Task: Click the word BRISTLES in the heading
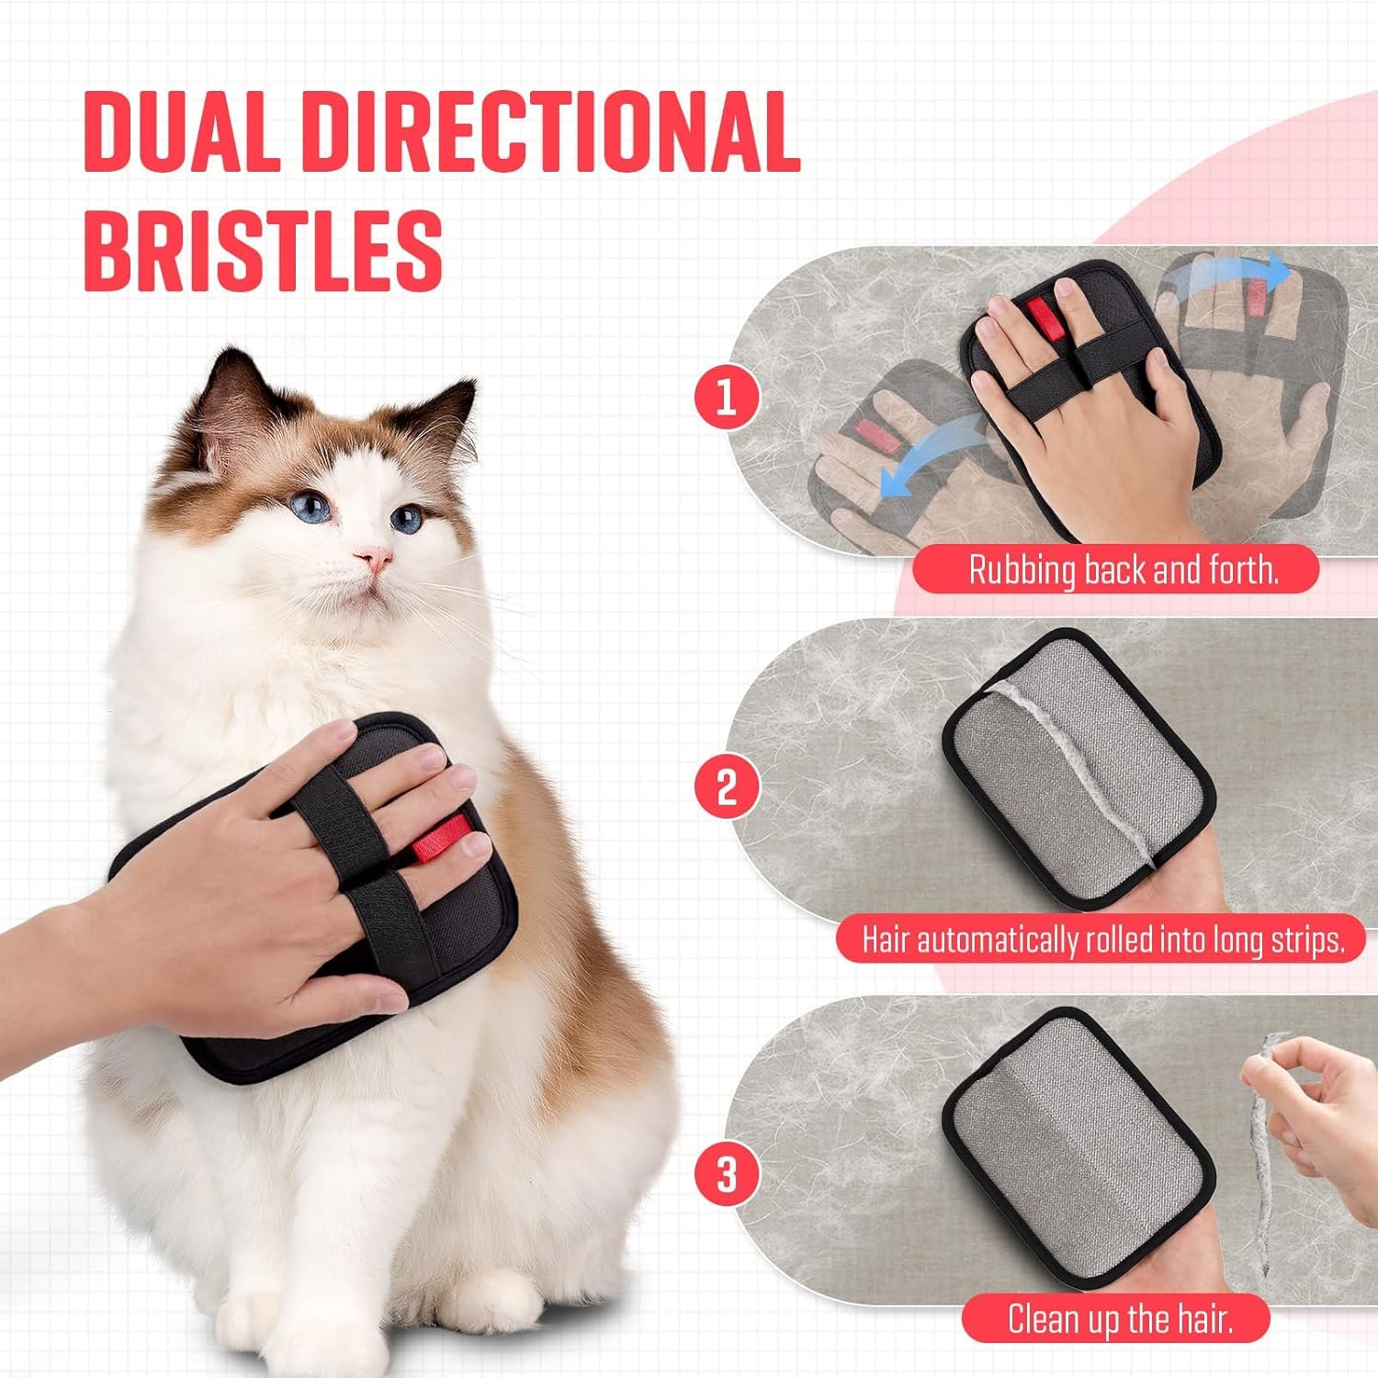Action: [x=263, y=250]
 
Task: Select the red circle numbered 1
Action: [x=726, y=397]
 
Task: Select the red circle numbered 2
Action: [x=726, y=786]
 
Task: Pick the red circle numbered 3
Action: [x=726, y=1174]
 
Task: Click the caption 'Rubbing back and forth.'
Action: [x=1123, y=570]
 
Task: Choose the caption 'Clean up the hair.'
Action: [x=1119, y=1319]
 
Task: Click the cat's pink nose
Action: [x=374, y=557]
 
